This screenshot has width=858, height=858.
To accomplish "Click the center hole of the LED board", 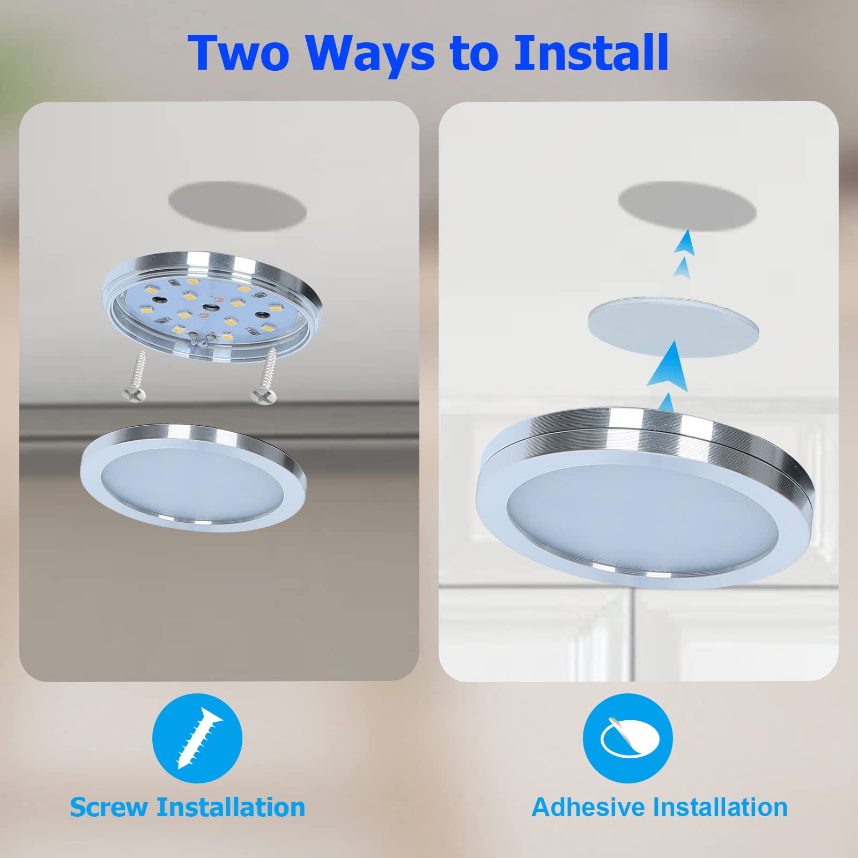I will point(210,307).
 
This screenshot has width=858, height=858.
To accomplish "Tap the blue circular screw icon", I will point(197,738).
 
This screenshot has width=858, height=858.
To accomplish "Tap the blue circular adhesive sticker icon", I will point(627,738).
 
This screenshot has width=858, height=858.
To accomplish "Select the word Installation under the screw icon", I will point(231,808).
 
